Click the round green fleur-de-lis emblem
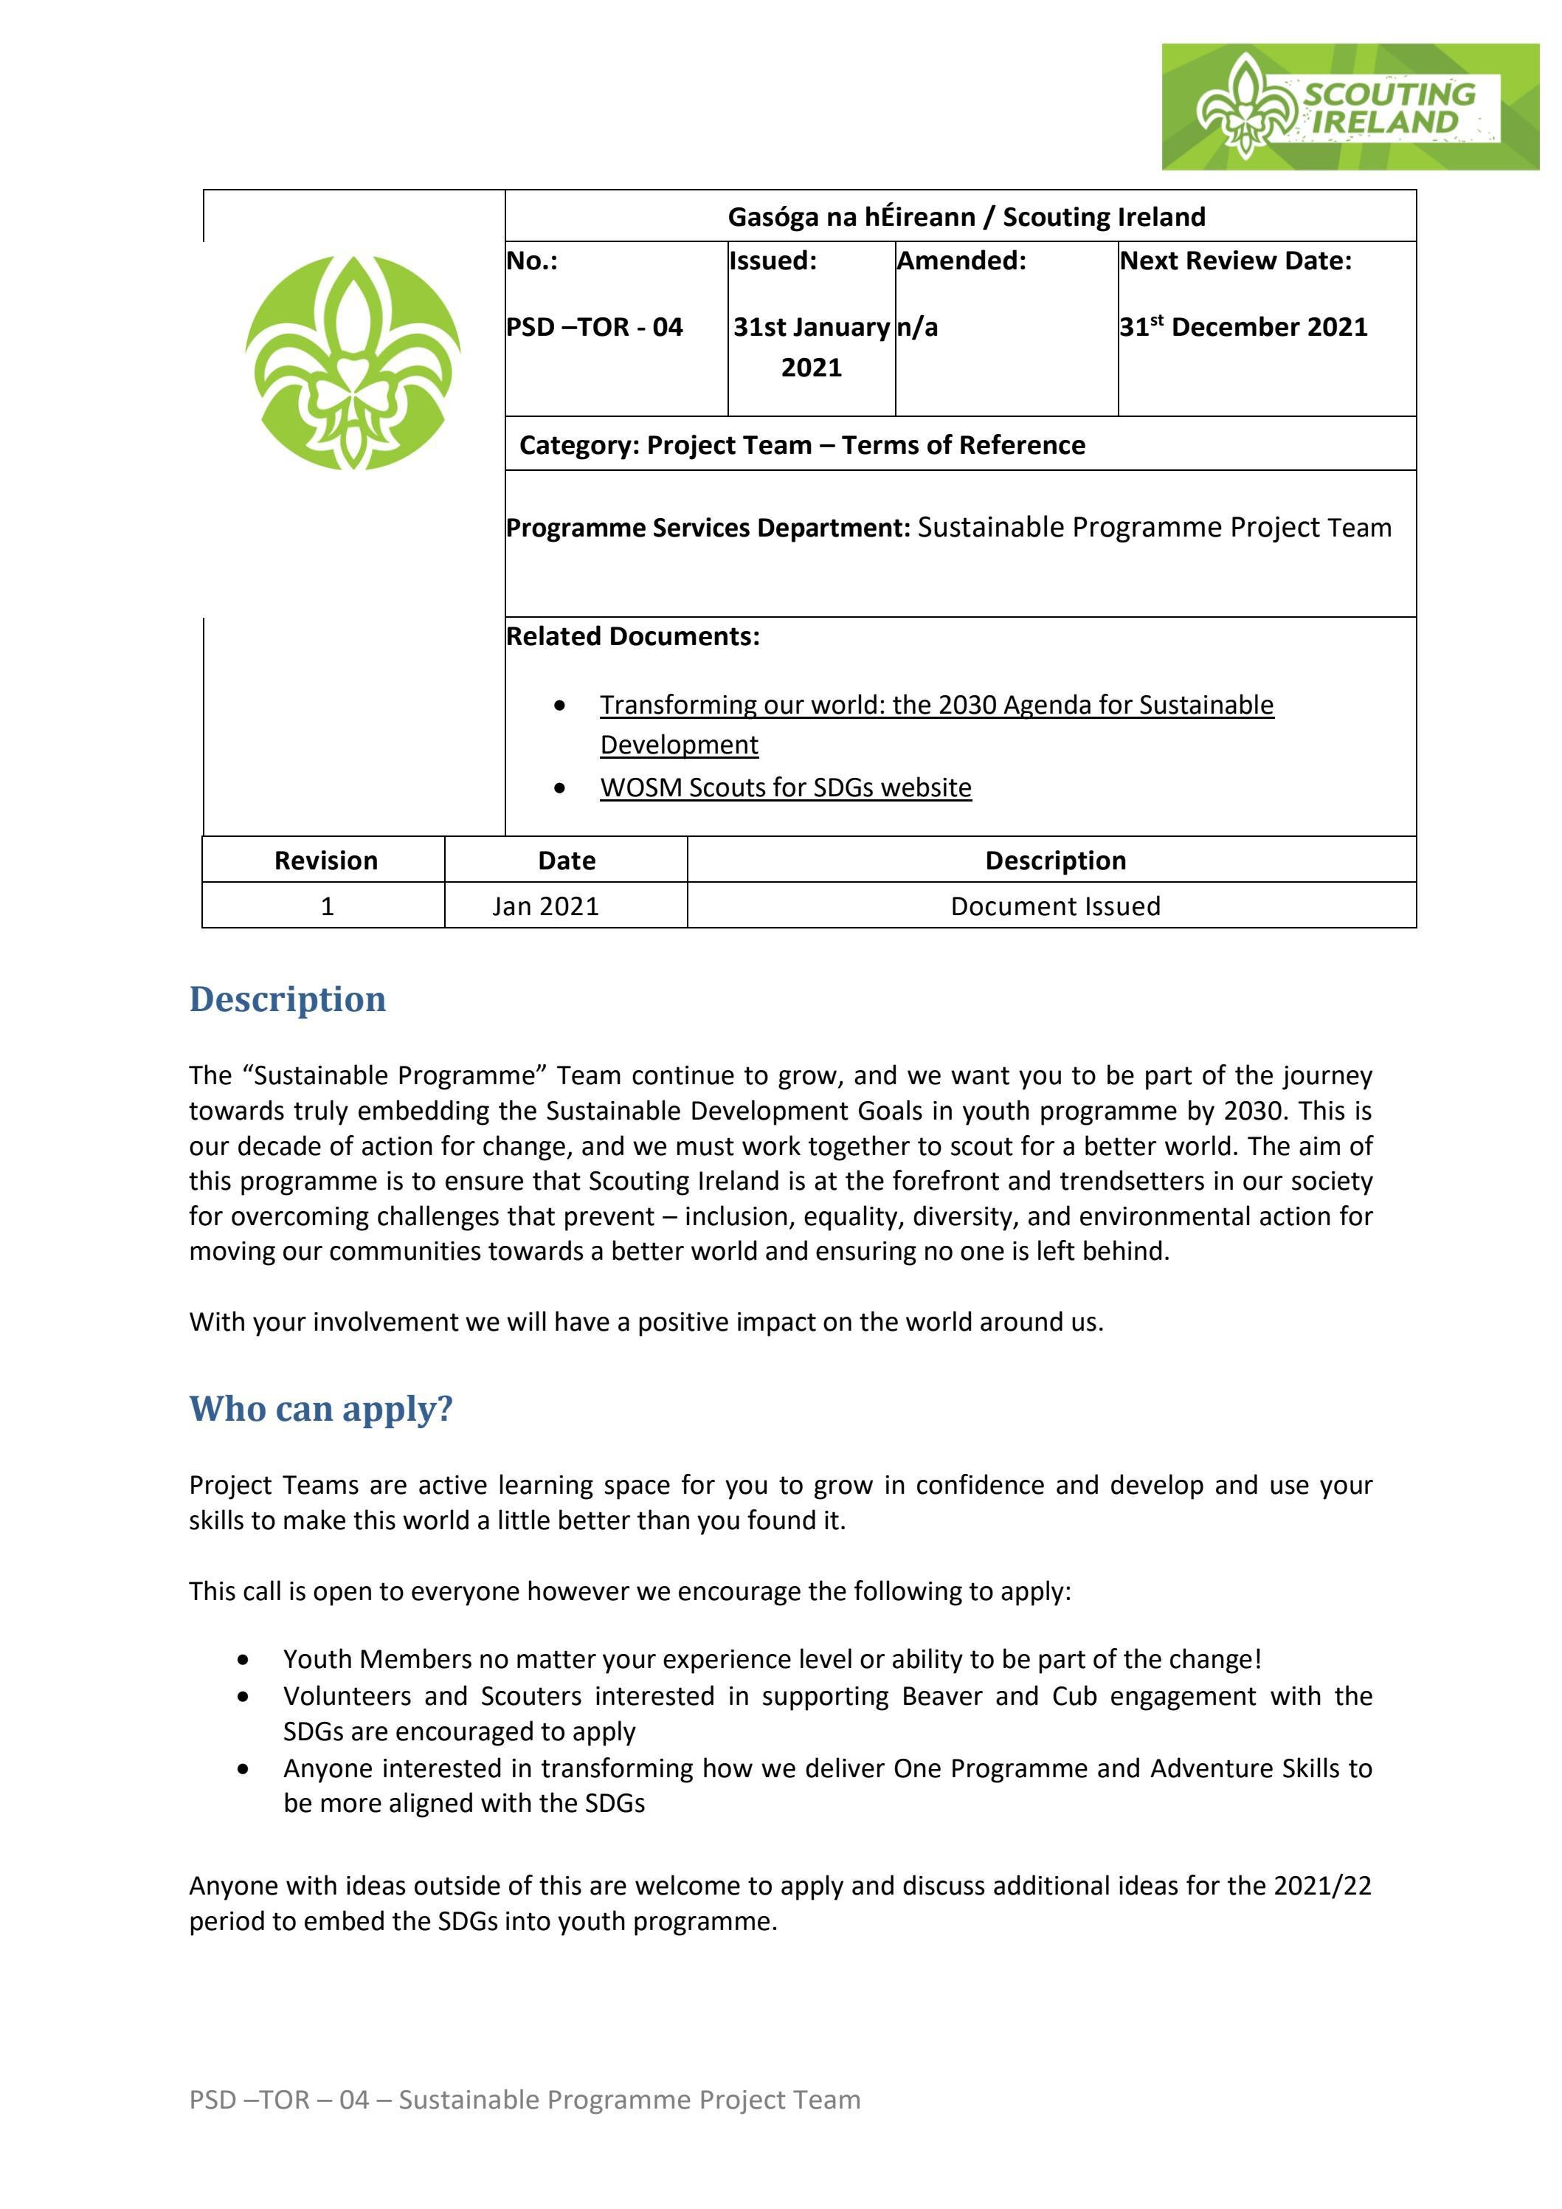[352, 362]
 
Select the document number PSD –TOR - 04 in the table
[595, 327]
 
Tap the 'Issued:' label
[773, 261]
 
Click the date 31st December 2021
[1243, 327]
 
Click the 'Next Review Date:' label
[1236, 261]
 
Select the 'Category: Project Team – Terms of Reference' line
[801, 444]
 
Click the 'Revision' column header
[325, 860]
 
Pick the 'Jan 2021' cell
[545, 906]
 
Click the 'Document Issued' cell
[1055, 906]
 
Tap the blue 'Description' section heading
[288, 999]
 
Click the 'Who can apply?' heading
[320, 1408]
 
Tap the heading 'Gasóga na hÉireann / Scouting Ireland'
[966, 216]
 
